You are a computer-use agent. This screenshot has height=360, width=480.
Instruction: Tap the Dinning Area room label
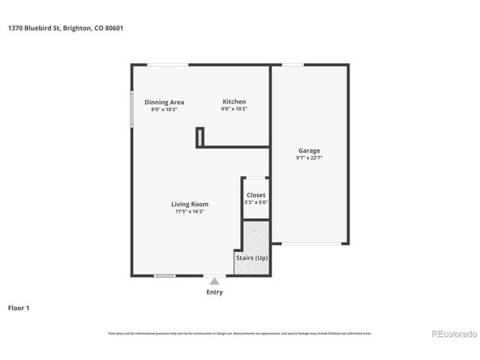pyautogui.click(x=164, y=102)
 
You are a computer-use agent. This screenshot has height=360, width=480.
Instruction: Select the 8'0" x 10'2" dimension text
pyautogui.click(x=164, y=109)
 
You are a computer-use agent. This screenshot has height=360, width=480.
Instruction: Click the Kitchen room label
pyautogui.click(x=234, y=102)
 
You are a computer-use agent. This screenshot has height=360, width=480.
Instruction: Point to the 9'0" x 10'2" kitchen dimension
pyautogui.click(x=234, y=109)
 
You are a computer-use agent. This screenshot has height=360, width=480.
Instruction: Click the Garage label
pyautogui.click(x=309, y=151)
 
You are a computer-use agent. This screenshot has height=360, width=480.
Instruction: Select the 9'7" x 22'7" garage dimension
pyautogui.click(x=309, y=158)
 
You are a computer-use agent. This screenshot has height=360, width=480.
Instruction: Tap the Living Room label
pyautogui.click(x=190, y=204)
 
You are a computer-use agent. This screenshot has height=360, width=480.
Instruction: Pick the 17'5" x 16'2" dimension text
pyautogui.click(x=190, y=211)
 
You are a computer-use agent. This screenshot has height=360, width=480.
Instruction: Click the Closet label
pyautogui.click(x=256, y=195)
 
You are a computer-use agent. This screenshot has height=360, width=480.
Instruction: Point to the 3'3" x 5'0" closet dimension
pyautogui.click(x=256, y=202)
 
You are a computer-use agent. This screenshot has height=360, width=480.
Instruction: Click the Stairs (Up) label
pyautogui.click(x=251, y=258)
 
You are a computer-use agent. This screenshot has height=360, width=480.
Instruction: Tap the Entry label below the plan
pyautogui.click(x=214, y=292)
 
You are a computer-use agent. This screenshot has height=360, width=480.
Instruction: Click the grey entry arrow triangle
pyautogui.click(x=214, y=281)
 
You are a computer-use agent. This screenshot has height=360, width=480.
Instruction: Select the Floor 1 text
pyautogui.click(x=19, y=307)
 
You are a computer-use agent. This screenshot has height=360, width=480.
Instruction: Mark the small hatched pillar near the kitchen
pyautogui.click(x=200, y=137)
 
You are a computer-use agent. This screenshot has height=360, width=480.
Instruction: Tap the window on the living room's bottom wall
pyautogui.click(x=164, y=275)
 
